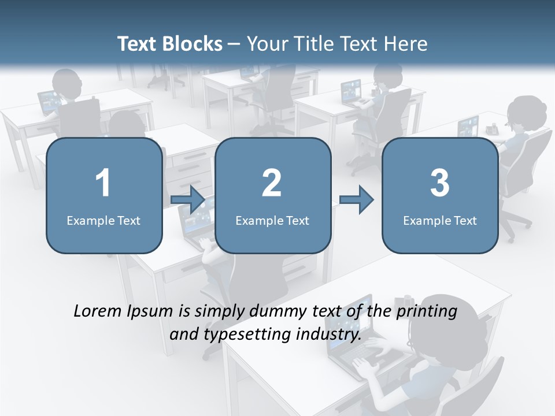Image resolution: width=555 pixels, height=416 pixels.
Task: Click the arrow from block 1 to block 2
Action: [x=188, y=200]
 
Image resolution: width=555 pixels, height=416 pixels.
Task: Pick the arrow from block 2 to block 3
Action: [x=357, y=200]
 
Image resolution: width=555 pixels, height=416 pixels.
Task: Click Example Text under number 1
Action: [x=103, y=220]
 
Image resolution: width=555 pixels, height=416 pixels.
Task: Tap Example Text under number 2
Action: [x=272, y=220]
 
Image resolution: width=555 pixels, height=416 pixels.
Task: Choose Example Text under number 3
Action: [x=440, y=220]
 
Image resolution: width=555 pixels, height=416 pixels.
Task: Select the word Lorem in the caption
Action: [x=97, y=311]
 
